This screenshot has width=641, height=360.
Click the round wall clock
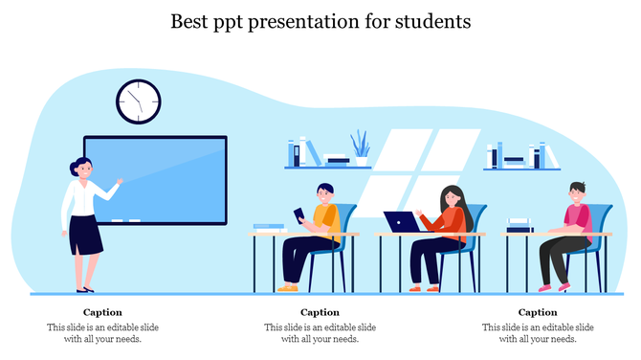point(139,101)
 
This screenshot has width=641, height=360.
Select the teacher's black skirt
point(85,235)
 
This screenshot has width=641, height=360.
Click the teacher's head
point(83,169)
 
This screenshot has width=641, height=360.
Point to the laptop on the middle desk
point(399,222)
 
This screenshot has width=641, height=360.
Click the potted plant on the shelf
point(360,148)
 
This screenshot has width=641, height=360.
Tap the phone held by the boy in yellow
point(298,213)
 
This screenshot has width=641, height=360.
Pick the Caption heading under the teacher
point(102,312)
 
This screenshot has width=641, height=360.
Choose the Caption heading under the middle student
point(320,312)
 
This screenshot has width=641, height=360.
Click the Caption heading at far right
point(538,312)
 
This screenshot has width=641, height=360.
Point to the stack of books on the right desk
point(519,225)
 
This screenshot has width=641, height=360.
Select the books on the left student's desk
point(269,228)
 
